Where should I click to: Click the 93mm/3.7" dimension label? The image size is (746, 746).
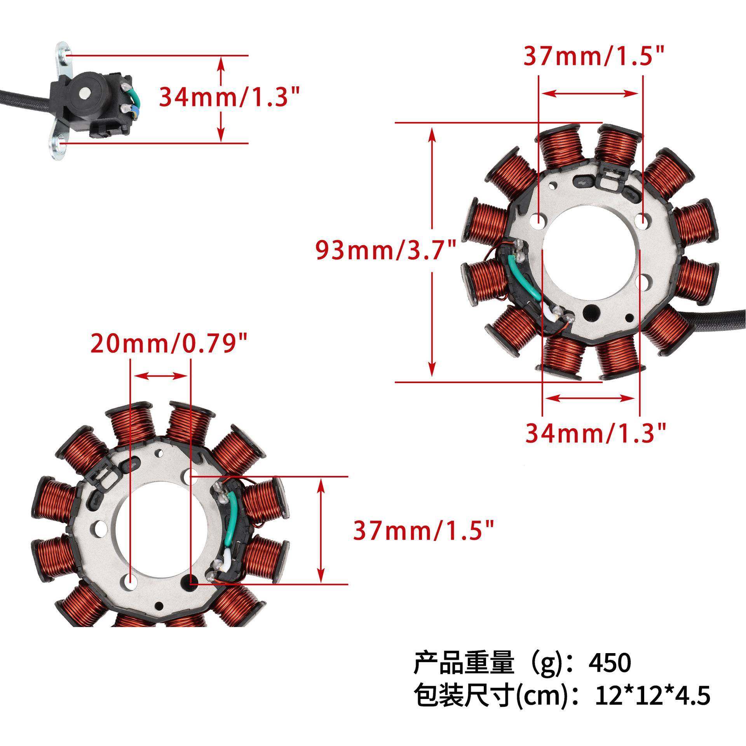pos(385,251)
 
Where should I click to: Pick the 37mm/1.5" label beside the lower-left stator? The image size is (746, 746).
pos(424,530)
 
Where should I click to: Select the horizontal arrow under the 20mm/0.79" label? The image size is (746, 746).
pos(160,375)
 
